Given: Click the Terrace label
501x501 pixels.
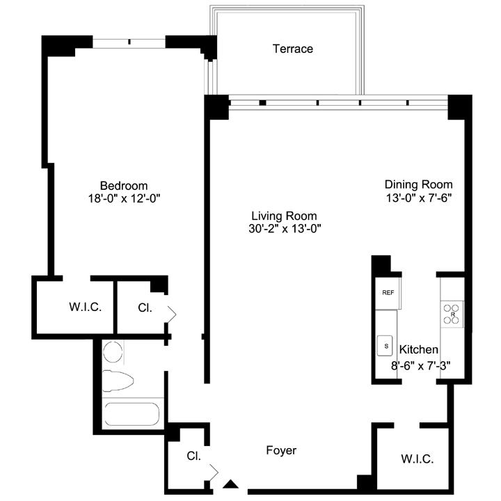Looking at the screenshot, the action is (293, 49).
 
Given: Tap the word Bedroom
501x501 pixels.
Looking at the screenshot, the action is (124, 186).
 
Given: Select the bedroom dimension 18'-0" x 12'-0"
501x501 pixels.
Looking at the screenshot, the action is (124, 198).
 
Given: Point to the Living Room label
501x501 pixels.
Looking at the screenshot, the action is (284, 216).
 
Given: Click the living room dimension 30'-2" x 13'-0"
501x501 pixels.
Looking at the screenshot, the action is (285, 229).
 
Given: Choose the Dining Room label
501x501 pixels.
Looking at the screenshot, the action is (419, 184).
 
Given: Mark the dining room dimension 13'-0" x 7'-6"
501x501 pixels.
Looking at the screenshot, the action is (419, 198).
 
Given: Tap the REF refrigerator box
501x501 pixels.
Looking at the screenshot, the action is (388, 293).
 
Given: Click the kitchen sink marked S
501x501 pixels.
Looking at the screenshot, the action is (385, 345).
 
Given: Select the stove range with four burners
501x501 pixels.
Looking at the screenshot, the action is (452, 314).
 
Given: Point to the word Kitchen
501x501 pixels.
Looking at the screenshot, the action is (419, 349).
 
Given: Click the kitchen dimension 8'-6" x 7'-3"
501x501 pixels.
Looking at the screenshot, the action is (421, 365).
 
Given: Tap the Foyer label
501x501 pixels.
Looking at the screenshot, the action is (281, 450).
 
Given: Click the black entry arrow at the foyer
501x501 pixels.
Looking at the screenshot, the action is (230, 484).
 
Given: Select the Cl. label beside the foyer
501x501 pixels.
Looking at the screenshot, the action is (193, 456).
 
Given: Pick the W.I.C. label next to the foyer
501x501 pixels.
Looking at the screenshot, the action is (417, 459).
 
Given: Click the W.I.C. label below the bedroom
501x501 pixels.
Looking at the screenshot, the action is (86, 307).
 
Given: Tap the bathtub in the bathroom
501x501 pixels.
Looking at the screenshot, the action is (132, 414).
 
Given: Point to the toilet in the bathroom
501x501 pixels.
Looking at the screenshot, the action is (118, 381).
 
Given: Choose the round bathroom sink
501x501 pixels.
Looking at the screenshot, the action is (113, 352).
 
